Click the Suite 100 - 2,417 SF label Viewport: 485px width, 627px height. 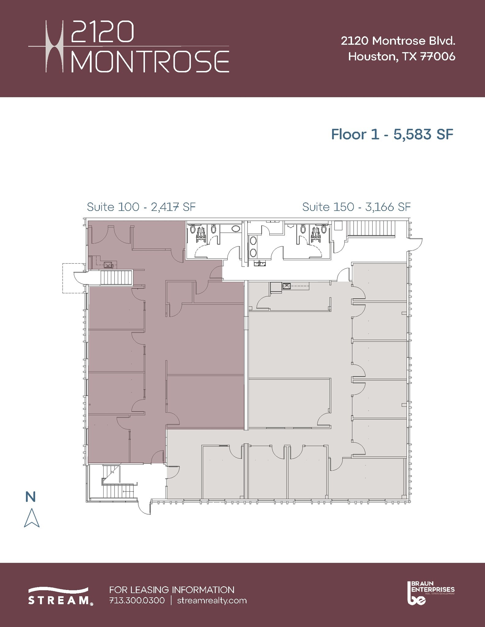click(141, 207)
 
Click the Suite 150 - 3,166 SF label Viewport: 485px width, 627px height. click(356, 207)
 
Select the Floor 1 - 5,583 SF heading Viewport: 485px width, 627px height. click(392, 134)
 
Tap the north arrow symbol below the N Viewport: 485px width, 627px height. click(32, 518)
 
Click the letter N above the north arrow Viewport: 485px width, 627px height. click(31, 497)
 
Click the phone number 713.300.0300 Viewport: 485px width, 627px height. click(137, 600)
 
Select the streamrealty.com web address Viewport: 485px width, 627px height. click(212, 600)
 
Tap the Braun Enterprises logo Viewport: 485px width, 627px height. click(430, 593)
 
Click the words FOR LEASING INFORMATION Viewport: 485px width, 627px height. click(172, 590)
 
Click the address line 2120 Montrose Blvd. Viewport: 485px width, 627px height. click(398, 41)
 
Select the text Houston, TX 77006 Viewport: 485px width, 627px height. click(401, 57)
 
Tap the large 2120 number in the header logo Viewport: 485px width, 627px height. click(103, 32)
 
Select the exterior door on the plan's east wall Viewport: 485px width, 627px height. click(416, 244)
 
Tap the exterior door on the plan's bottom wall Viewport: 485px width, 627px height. click(144, 507)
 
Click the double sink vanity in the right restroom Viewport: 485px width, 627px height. click(253, 246)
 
